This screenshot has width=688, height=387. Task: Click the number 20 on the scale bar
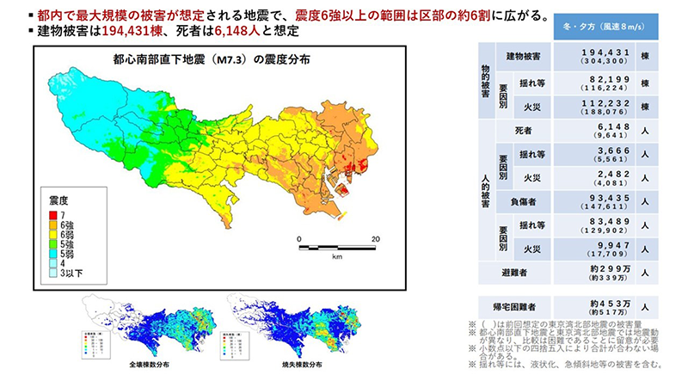(x=376, y=238)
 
